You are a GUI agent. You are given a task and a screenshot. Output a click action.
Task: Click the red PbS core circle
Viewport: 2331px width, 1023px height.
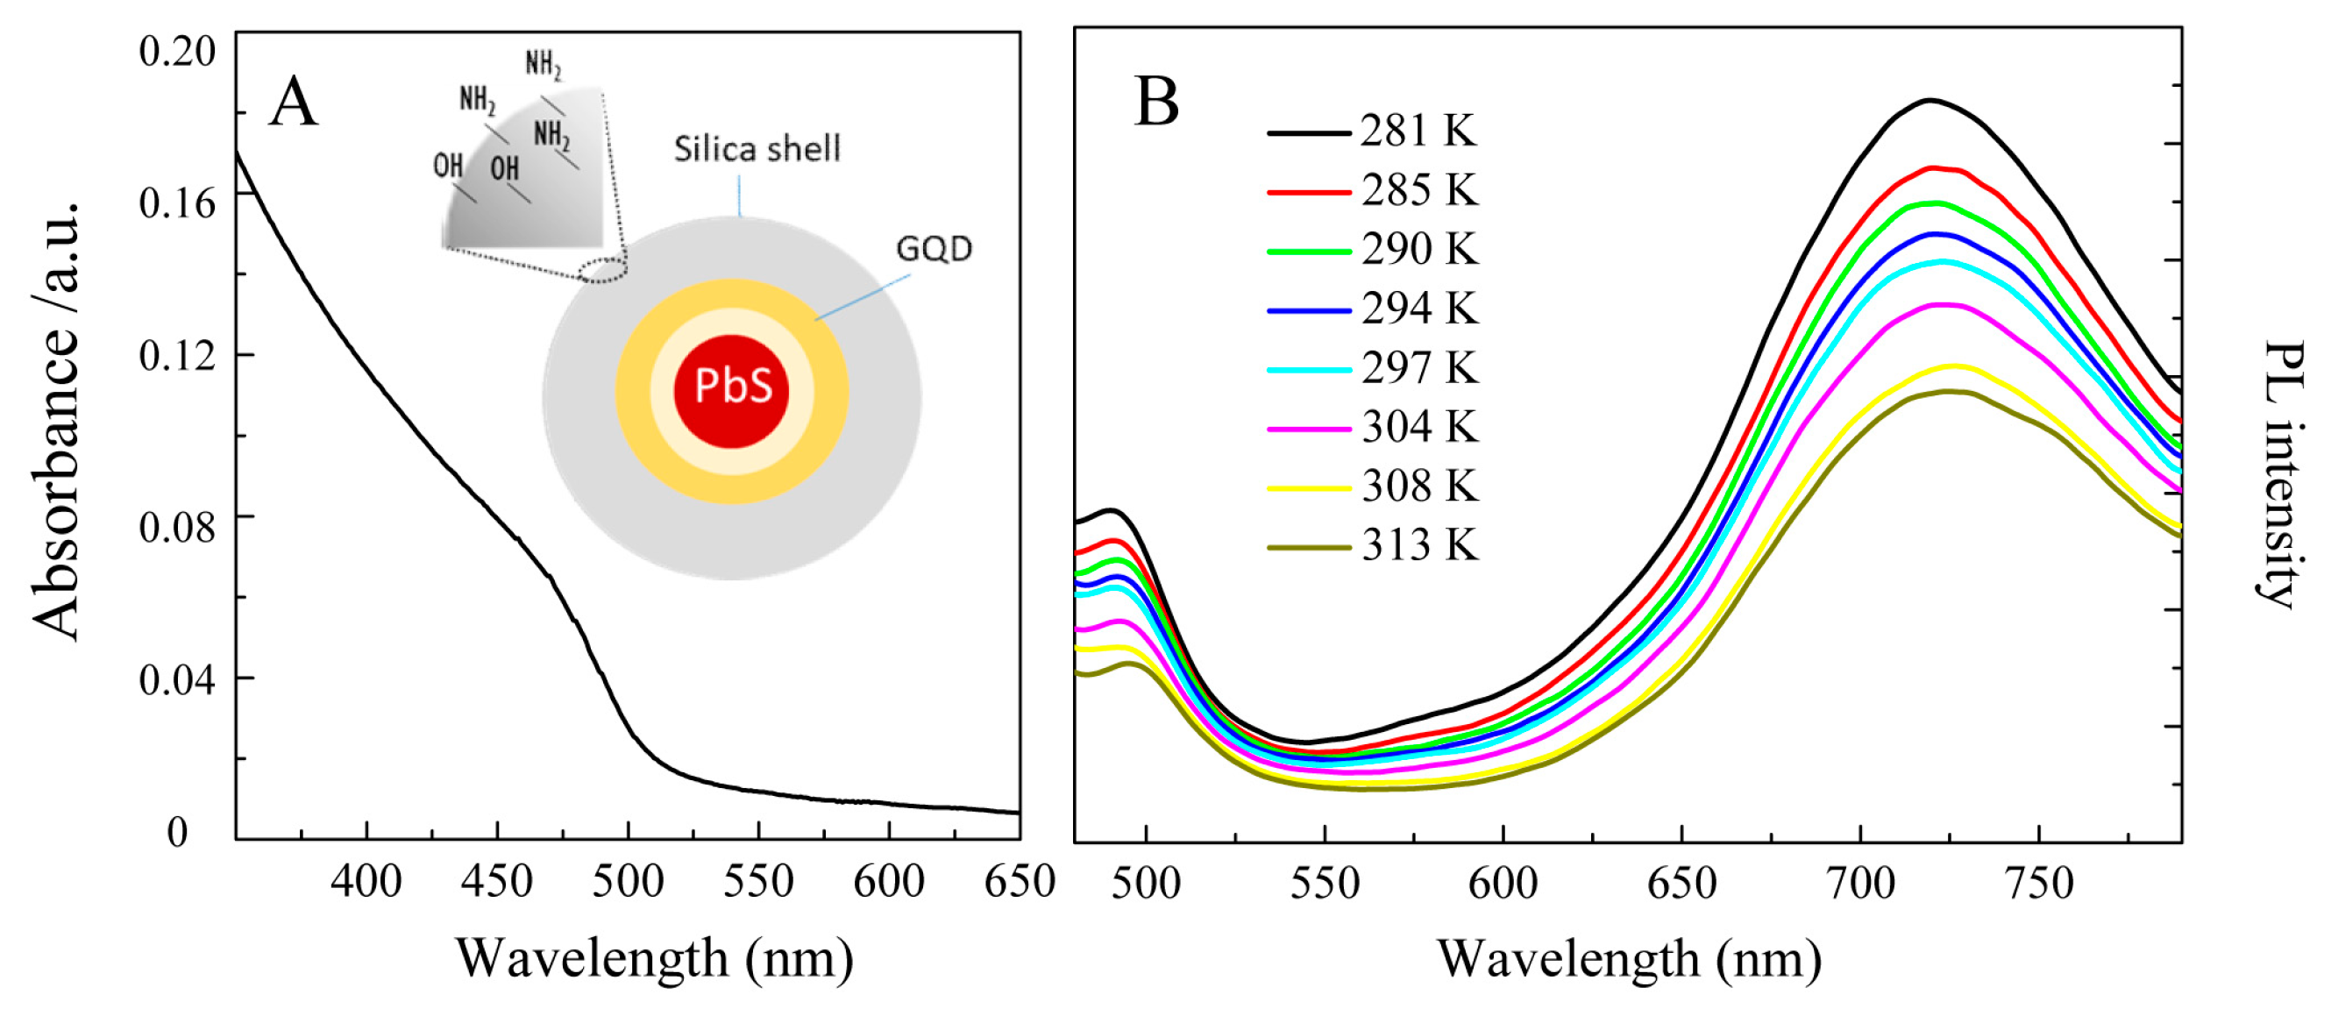[x=731, y=391]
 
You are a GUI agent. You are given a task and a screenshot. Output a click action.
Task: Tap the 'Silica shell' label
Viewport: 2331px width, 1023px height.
[x=757, y=149]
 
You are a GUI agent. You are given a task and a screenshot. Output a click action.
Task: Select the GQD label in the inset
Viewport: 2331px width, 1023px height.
[x=934, y=249]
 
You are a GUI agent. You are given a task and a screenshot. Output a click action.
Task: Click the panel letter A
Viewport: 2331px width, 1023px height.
[x=293, y=103]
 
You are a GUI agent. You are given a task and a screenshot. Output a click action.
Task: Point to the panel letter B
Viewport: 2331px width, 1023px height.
[x=1156, y=102]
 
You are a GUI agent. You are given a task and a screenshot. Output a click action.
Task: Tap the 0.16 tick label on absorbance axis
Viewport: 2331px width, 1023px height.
[x=177, y=202]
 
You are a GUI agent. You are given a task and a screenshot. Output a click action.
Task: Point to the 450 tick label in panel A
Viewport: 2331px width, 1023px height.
[x=497, y=882]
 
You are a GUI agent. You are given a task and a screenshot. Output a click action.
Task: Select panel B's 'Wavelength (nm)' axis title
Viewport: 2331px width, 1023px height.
[x=1629, y=959]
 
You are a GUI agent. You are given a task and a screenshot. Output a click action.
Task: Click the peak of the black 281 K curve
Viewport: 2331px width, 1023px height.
[x=1930, y=101]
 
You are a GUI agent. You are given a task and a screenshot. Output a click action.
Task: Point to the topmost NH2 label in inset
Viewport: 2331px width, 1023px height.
[x=544, y=65]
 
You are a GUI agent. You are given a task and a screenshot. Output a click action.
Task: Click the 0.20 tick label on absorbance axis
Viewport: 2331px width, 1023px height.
[x=177, y=51]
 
